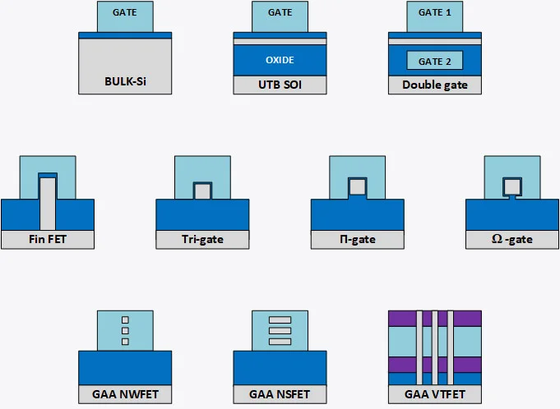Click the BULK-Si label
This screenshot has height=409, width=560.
(126, 82)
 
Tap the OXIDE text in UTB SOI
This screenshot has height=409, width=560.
(280, 60)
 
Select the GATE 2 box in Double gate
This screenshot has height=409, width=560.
(435, 61)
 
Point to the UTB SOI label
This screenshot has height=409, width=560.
(280, 85)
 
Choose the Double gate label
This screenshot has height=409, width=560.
(435, 85)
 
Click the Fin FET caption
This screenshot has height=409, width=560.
(48, 240)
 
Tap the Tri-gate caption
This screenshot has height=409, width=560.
(202, 240)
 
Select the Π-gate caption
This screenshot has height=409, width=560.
(357, 240)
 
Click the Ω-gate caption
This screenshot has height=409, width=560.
(511, 240)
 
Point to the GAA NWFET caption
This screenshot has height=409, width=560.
(126, 394)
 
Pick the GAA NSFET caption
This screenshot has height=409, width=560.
(280, 394)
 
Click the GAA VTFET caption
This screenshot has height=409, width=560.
(435, 394)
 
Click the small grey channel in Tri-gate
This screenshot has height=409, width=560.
(202, 191)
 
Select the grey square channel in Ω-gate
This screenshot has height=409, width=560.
(511, 185)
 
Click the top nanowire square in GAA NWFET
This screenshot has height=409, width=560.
(126, 319)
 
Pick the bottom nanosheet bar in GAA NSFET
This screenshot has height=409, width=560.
(280, 341)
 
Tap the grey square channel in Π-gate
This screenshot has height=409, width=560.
(357, 186)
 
